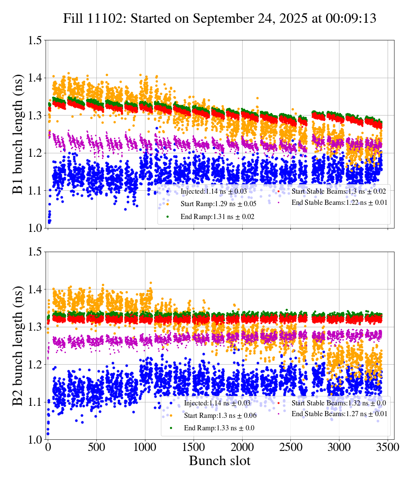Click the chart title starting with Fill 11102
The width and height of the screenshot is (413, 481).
tap(219, 18)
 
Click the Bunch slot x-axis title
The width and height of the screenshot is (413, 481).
tap(219, 461)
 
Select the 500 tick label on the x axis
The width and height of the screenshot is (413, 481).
tap(96, 447)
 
